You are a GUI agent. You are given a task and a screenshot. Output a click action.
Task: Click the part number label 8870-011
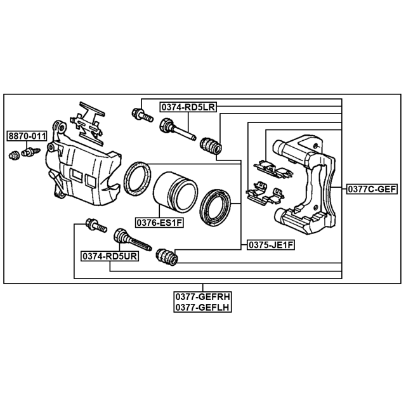[x=27, y=136]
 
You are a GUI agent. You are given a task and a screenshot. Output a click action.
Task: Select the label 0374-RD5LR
[x=188, y=107]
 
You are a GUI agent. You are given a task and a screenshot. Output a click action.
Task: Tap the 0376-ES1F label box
[x=159, y=223]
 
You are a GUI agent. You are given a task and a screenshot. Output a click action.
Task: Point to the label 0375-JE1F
[x=271, y=245]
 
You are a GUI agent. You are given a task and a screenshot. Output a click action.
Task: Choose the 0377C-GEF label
[x=372, y=189]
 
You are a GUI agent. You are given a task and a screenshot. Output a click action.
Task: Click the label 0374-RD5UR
[x=110, y=256]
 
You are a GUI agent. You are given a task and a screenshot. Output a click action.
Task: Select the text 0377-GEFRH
[x=202, y=296]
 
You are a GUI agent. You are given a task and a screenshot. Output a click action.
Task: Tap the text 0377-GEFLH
[x=202, y=307]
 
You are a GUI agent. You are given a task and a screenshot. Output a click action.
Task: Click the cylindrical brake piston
[x=175, y=190]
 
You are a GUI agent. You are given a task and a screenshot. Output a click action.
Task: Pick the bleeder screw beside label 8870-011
[x=31, y=152]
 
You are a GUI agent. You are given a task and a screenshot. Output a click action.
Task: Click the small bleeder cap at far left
[x=14, y=155]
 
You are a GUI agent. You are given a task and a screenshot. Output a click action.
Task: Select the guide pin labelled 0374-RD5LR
[x=178, y=129]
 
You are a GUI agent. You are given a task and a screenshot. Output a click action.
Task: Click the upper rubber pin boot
[x=211, y=146]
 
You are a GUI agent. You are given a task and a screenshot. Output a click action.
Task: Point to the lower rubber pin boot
[x=167, y=257]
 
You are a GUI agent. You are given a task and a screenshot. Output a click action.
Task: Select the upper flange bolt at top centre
[x=142, y=115]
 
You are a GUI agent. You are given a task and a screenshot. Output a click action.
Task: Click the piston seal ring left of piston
[x=137, y=179]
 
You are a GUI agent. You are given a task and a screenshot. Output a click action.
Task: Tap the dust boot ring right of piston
[x=215, y=207]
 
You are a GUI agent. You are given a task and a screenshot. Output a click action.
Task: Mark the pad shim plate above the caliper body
[x=88, y=122]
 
